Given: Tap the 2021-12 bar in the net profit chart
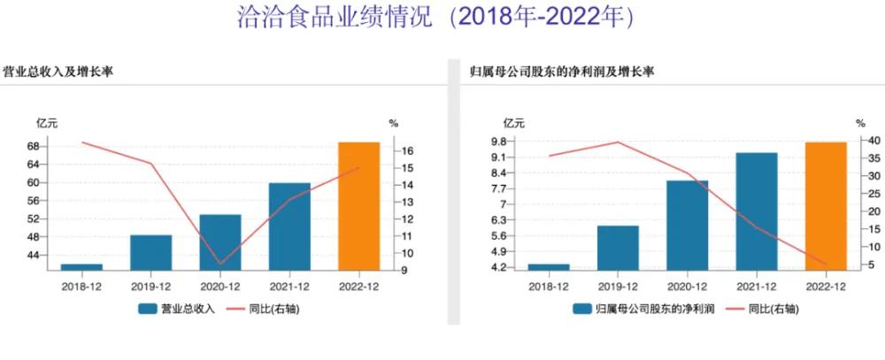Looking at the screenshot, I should tap(757, 211).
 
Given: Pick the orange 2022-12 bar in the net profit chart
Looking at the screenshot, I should tap(826, 205).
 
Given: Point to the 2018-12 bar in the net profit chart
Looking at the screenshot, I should tap(549, 266).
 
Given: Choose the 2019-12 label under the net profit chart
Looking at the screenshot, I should tap(618, 286).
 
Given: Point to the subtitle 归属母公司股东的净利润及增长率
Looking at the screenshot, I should tap(563, 71).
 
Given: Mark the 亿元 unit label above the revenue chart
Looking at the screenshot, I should tap(46, 123).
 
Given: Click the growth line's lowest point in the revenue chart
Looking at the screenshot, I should tap(219, 264).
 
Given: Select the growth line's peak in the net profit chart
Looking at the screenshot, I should tap(618, 142).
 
